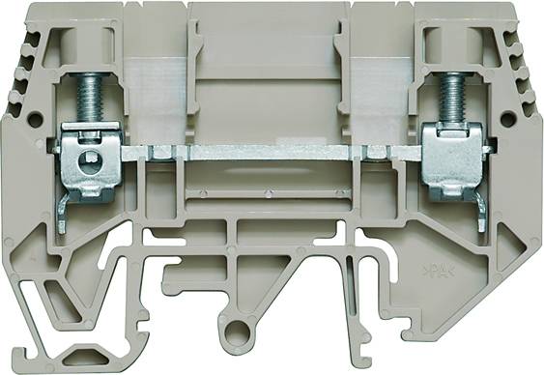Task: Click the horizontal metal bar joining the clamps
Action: [271, 153]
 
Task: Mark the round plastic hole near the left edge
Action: [35, 120]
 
